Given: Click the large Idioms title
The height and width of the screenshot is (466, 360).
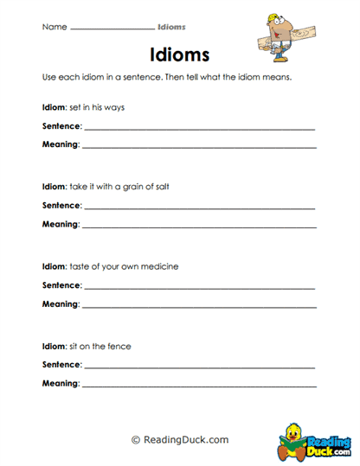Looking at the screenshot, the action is pos(180,54).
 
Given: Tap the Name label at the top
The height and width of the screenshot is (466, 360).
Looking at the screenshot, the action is pos(54,27).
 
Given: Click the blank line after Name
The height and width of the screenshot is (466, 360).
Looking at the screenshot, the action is pos(111,29).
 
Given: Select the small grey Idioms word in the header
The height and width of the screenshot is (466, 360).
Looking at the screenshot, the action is pos(172,27).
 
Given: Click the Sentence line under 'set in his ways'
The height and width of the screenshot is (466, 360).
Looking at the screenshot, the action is pos(199,128).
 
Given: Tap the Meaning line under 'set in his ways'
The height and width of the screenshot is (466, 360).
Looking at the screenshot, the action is pos(198,147).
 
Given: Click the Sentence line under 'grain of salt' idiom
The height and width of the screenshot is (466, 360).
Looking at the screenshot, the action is pos(199,207).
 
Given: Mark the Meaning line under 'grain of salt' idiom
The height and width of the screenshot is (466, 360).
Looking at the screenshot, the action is pos(198,227).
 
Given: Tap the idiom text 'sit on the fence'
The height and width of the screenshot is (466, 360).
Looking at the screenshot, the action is pos(100,346).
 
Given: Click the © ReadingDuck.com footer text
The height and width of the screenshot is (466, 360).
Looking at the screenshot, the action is pos(180,440).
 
